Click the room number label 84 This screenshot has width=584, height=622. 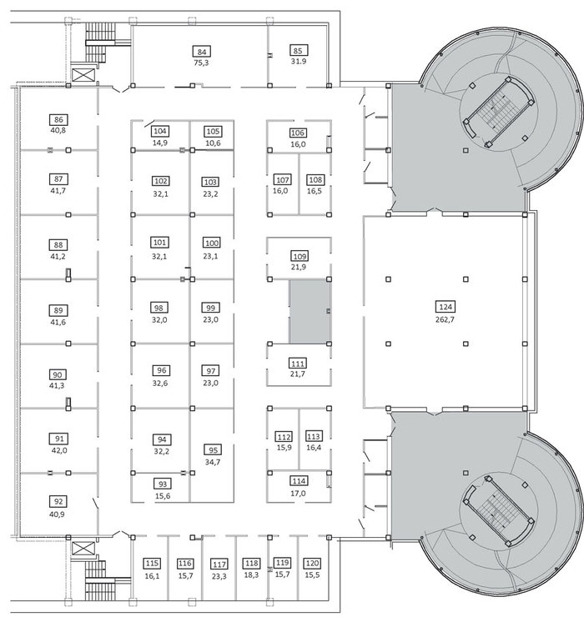(202, 52)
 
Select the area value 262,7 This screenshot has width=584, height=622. (445, 319)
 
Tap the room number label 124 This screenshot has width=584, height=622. (446, 307)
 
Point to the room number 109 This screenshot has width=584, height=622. (300, 256)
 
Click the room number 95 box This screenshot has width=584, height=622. (213, 450)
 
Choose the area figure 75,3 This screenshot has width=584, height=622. (201, 63)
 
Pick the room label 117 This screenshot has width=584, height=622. (219, 564)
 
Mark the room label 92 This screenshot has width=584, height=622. (58, 501)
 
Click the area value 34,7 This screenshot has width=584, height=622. (213, 462)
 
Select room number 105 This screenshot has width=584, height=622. (213, 131)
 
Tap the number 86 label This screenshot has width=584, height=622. (58, 119)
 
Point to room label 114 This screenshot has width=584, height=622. (299, 481)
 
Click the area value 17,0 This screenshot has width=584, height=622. (298, 494)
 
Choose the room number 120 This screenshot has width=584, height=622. (312, 564)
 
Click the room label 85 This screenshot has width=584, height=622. (298, 50)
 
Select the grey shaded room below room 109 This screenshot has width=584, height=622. (310, 311)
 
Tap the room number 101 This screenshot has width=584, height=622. (159, 243)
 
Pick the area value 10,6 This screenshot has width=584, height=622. (213, 143)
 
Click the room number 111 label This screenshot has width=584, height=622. (298, 364)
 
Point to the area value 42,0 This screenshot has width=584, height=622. (59, 450)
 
